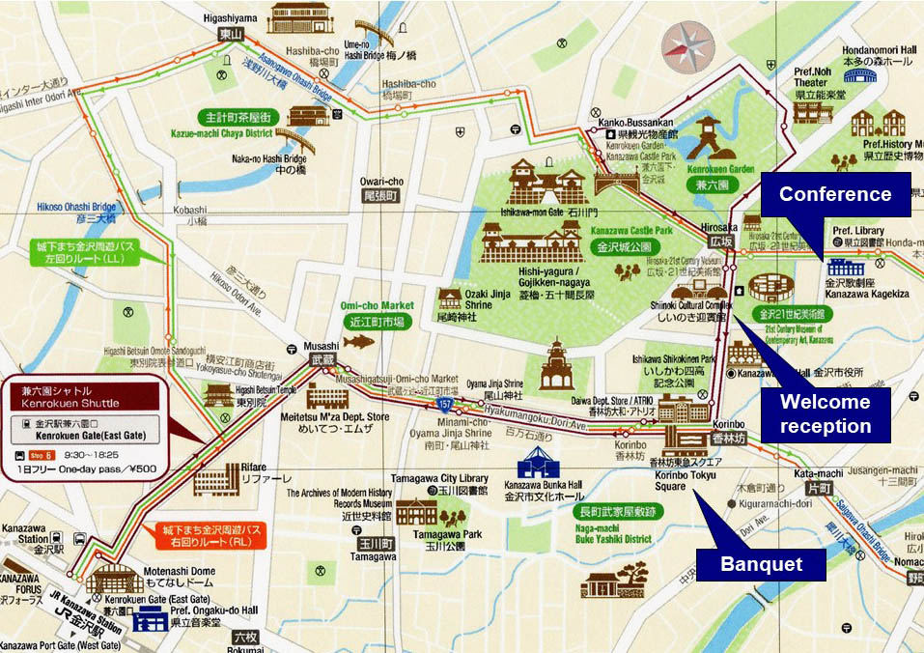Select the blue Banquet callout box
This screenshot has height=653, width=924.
click(x=762, y=563)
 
